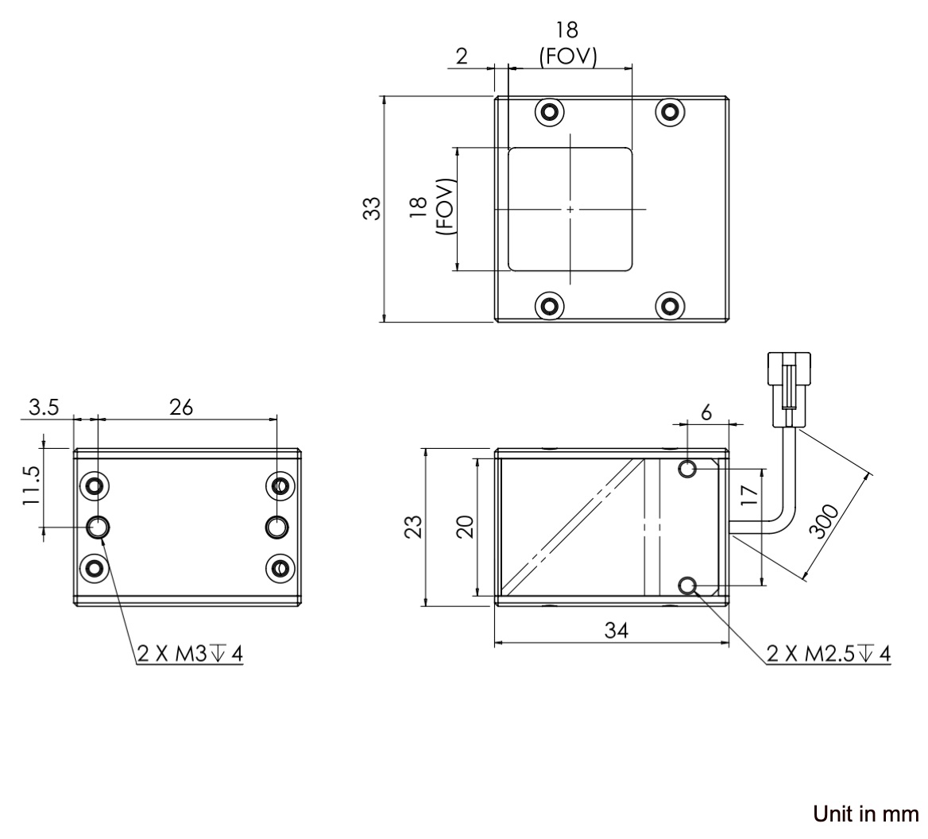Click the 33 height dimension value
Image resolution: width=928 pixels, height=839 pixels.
(x=372, y=208)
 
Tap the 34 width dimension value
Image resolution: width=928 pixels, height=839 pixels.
(x=616, y=631)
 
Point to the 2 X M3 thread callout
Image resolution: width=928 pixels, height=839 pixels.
(x=190, y=654)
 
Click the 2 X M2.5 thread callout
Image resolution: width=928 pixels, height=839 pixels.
(x=829, y=654)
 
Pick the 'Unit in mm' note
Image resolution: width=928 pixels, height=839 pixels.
(x=866, y=814)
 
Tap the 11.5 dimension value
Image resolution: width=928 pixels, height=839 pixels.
(x=31, y=485)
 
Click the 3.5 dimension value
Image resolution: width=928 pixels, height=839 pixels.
(x=44, y=407)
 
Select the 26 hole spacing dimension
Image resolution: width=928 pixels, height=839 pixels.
(x=181, y=407)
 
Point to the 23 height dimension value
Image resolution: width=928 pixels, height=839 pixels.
(x=414, y=527)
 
